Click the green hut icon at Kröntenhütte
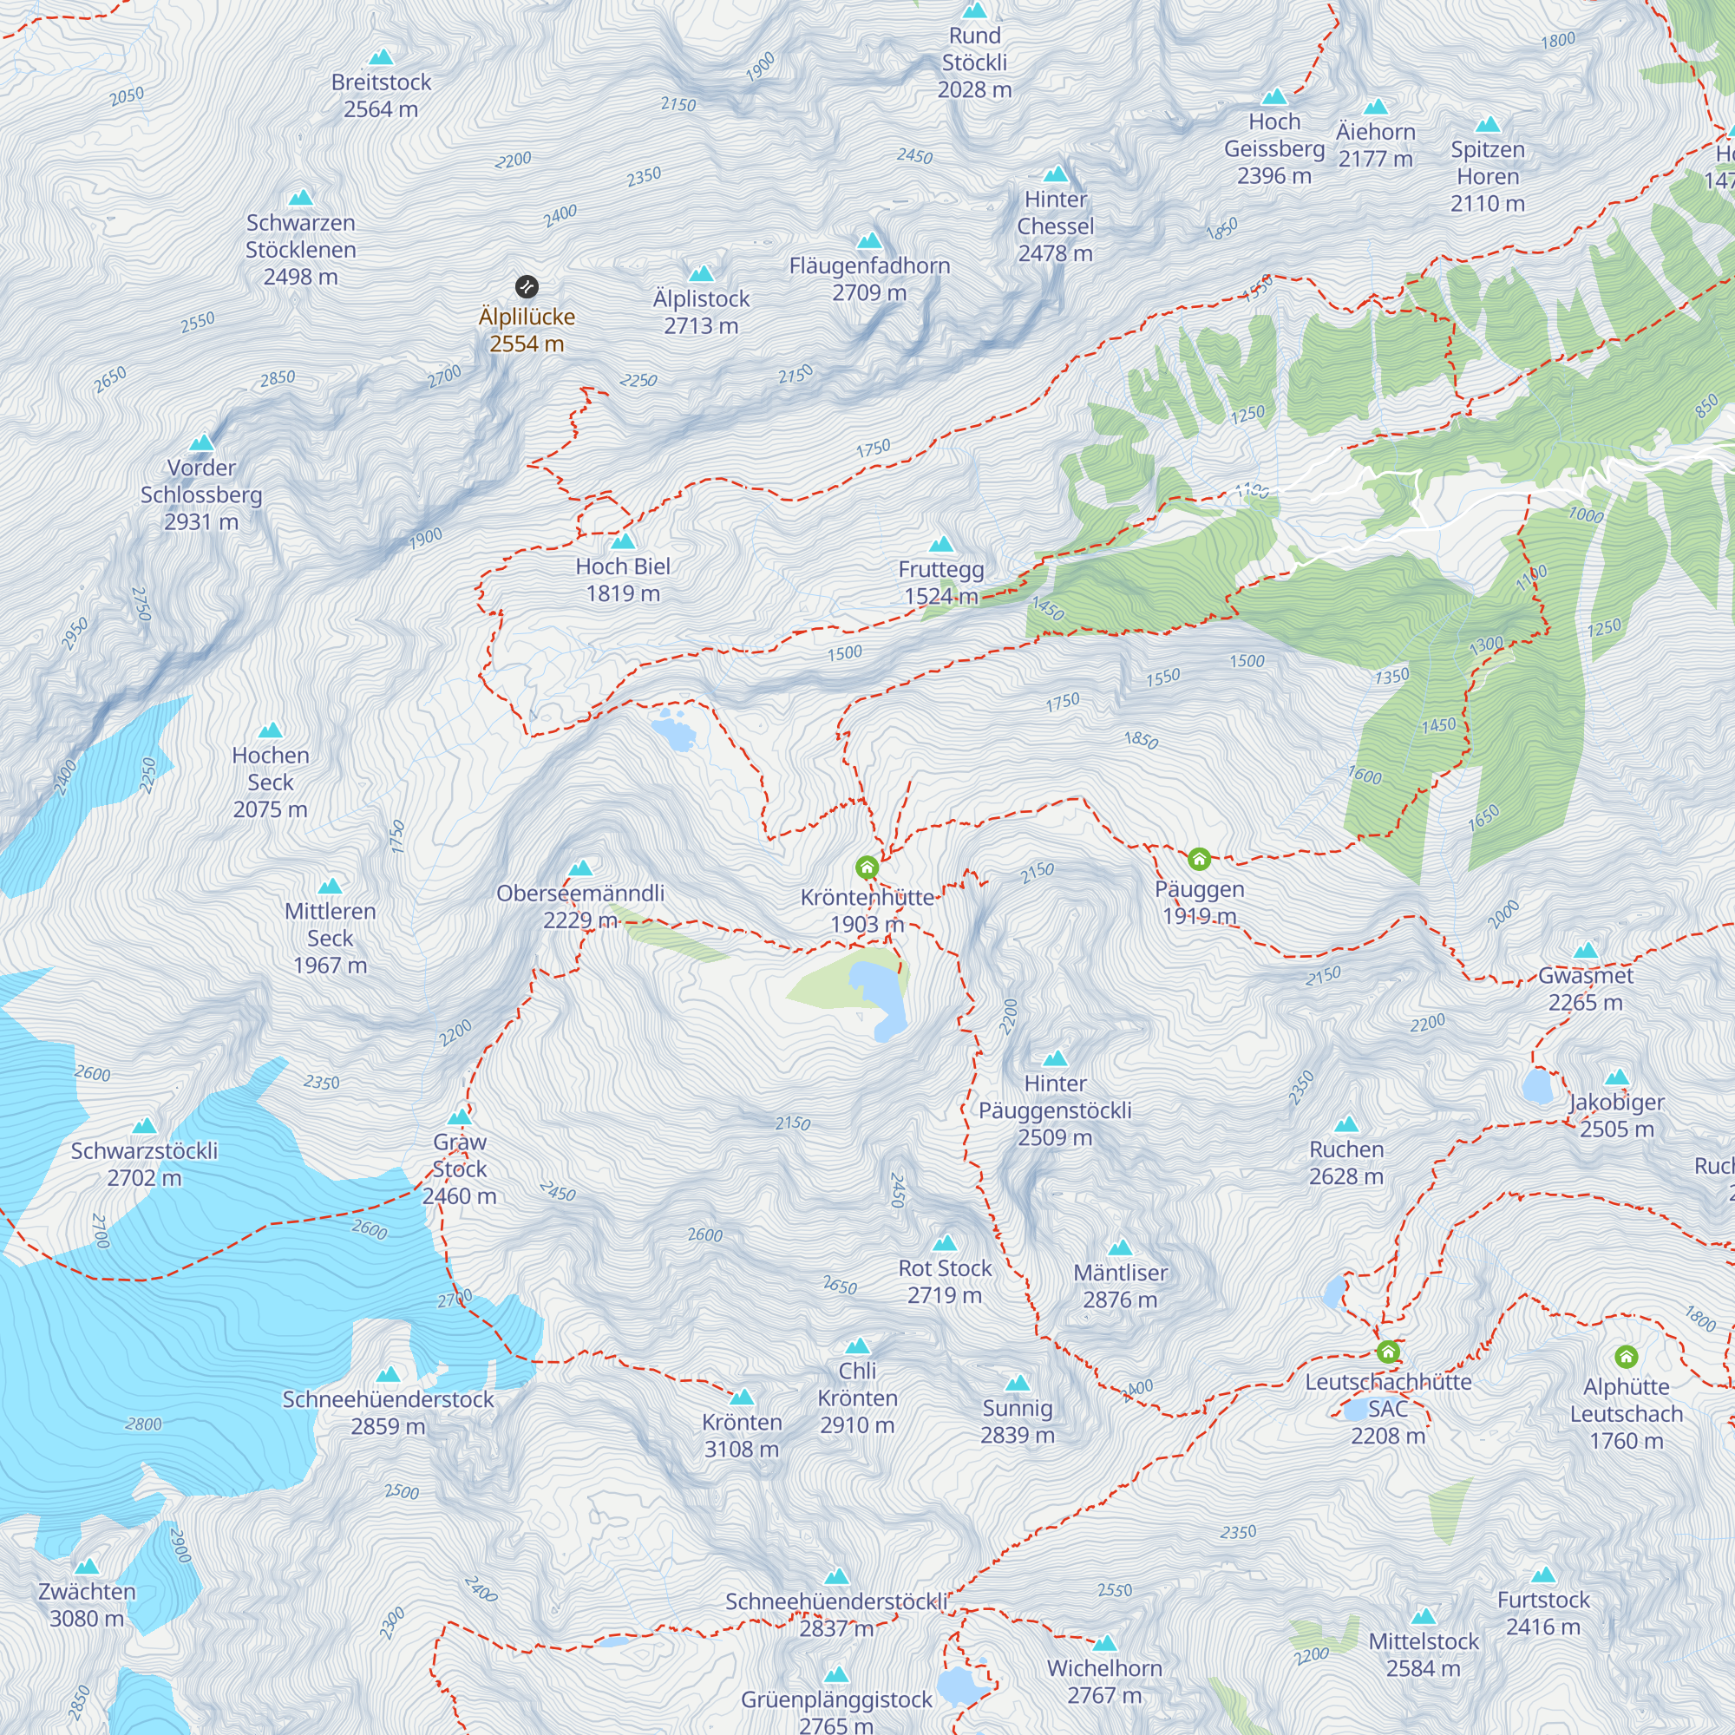coord(867,867)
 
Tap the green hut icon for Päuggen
coord(1199,860)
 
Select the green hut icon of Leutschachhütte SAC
coord(1388,1352)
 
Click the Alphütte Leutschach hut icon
coord(1627,1356)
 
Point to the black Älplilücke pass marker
coord(527,287)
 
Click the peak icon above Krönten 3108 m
coord(742,1398)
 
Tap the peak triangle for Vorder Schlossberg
coord(202,442)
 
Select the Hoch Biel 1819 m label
coord(623,579)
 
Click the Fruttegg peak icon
coord(941,544)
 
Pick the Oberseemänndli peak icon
coord(581,868)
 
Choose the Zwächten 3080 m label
coord(87,1605)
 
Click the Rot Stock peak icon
coord(945,1244)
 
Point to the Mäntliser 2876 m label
coord(1121,1286)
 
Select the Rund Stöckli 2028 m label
coord(974,62)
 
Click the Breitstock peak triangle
coord(382,57)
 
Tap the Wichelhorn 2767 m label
coord(1104,1681)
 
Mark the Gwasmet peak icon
coord(1586,951)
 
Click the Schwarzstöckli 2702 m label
coord(145,1164)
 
